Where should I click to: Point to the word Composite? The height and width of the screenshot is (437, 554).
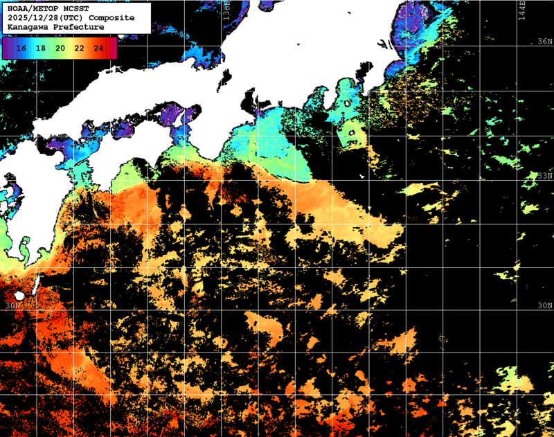pos(111,17)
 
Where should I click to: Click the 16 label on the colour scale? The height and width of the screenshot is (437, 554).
pos(21,48)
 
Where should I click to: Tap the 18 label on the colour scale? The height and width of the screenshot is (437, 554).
pos(41,48)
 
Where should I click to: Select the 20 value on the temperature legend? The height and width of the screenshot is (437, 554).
pos(60,48)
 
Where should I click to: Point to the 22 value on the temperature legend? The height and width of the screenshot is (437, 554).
pos(79,48)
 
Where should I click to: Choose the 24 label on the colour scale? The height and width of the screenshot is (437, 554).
pos(98,48)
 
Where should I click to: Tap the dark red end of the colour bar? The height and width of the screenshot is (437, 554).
pos(111,48)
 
